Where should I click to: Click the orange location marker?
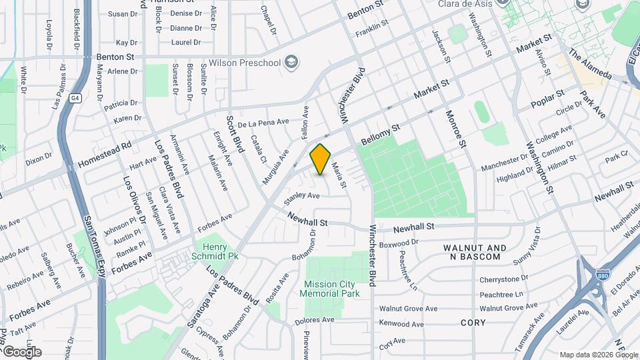[x=321, y=159]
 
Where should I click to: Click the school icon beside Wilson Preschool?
[x=291, y=62]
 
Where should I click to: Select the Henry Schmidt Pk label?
[x=220, y=251]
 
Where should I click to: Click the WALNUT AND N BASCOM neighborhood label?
[x=474, y=252]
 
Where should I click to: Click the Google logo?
[x=22, y=351]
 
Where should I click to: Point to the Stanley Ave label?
[x=302, y=196]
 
